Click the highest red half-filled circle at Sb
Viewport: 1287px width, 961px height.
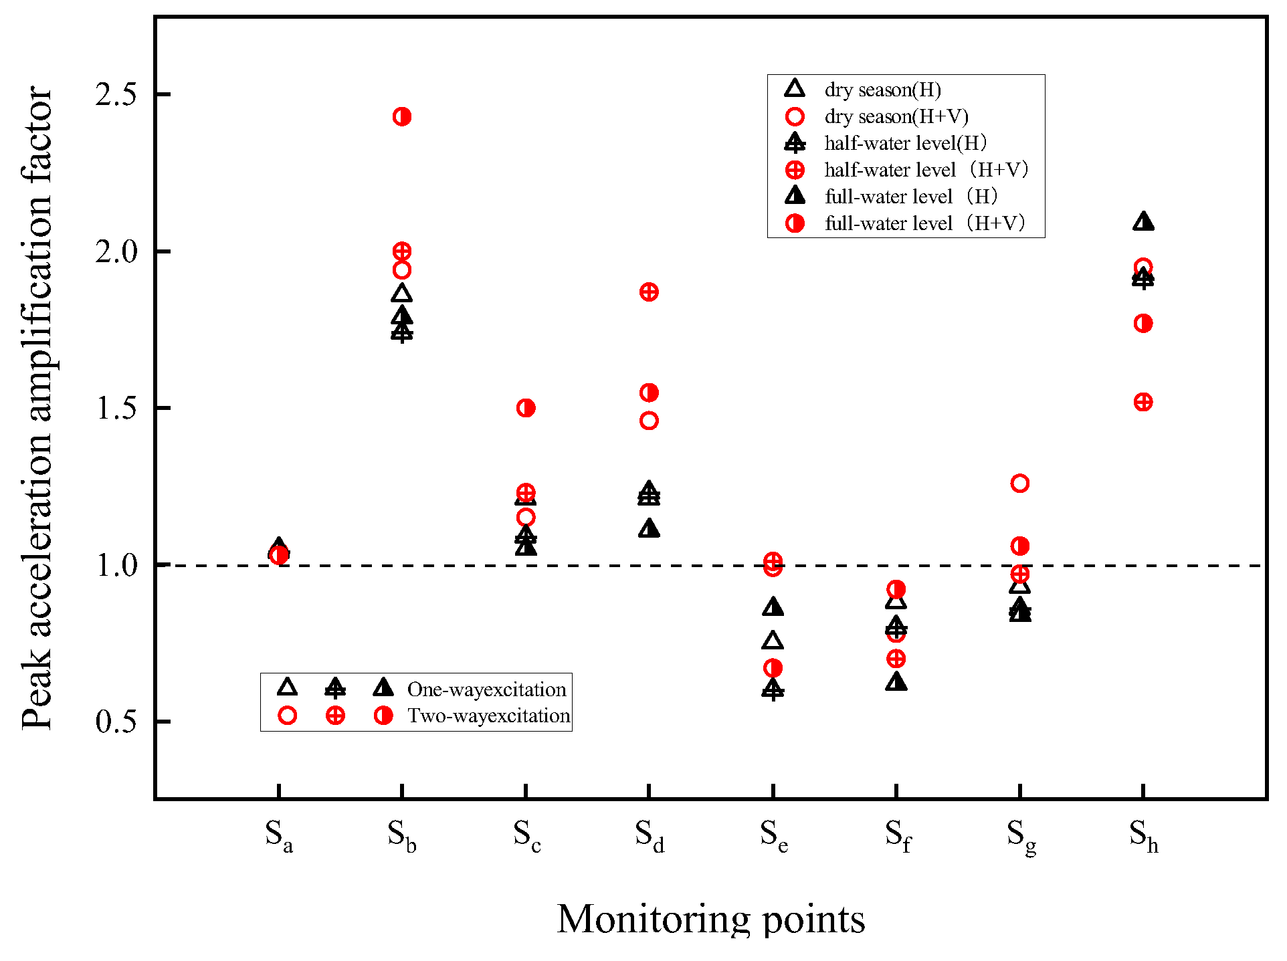point(402,117)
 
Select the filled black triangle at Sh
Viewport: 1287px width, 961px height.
point(1143,222)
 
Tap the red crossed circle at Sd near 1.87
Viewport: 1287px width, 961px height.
point(649,292)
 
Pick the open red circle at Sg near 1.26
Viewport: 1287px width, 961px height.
point(1019,484)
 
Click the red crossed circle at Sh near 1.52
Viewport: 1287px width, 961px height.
point(1143,403)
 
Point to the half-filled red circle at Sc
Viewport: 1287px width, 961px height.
point(526,408)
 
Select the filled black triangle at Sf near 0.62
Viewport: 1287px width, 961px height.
point(896,682)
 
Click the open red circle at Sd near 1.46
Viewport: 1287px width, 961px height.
point(649,421)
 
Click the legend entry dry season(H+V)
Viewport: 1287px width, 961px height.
point(896,117)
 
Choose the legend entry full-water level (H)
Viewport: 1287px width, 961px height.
point(911,197)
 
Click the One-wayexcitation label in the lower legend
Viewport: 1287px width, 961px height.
point(486,689)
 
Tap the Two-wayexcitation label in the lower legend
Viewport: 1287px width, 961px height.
point(488,716)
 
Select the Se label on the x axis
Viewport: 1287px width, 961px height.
point(774,836)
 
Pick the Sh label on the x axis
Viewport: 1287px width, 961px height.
point(1144,836)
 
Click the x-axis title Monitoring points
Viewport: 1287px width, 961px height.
point(711,919)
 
